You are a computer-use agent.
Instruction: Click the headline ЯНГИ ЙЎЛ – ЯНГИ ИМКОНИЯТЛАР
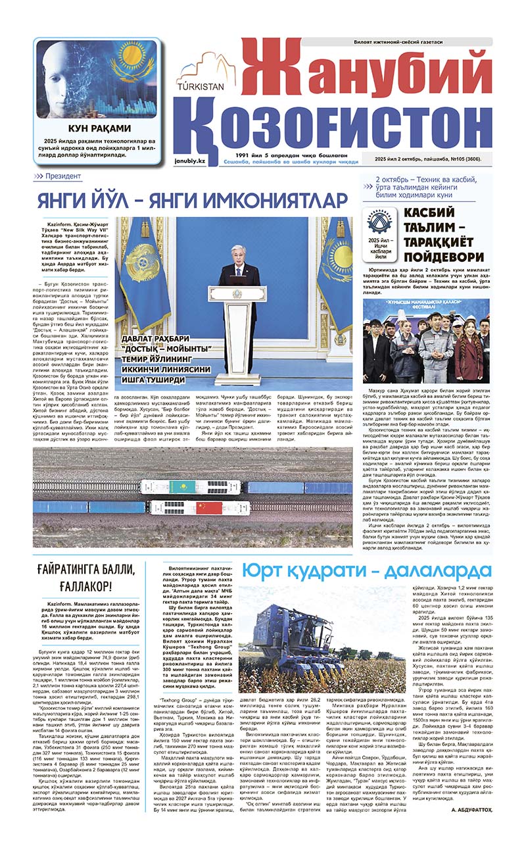point(191,199)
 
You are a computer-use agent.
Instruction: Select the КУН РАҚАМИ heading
point(99,128)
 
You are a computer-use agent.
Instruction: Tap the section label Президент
point(63,176)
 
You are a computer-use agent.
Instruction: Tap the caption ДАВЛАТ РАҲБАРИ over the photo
point(155,339)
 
